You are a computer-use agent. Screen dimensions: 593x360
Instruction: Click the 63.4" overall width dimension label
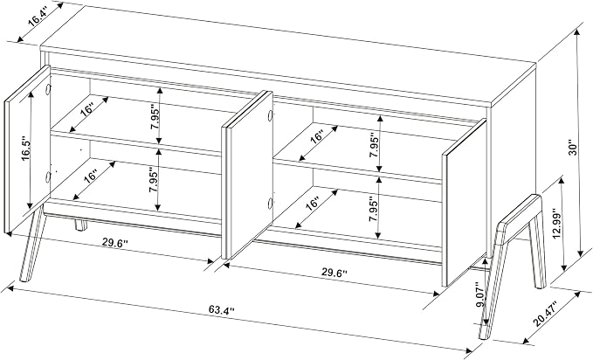pos(222,310)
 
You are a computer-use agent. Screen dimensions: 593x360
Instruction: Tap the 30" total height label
pos(574,149)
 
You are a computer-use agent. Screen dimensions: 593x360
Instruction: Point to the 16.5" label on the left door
pos(26,149)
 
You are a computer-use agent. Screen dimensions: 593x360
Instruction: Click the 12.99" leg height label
pos(556,224)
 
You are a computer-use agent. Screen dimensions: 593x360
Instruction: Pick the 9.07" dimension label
pos(479,294)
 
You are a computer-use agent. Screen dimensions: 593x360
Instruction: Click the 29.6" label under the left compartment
pos(115,243)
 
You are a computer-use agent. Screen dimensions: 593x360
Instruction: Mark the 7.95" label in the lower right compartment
pos(374,210)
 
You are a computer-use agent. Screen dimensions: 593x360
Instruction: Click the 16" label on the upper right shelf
pos(318,136)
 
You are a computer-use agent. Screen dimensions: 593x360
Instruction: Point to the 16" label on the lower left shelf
pos(91,177)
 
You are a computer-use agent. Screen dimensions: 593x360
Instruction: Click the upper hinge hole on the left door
pos(48,89)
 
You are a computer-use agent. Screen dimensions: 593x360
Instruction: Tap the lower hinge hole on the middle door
pos(270,204)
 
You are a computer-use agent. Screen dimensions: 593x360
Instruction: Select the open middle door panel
pos(247,175)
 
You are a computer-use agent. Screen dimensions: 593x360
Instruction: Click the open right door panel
pos(465,203)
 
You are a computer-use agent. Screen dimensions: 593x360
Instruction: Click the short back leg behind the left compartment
pos(80,224)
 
